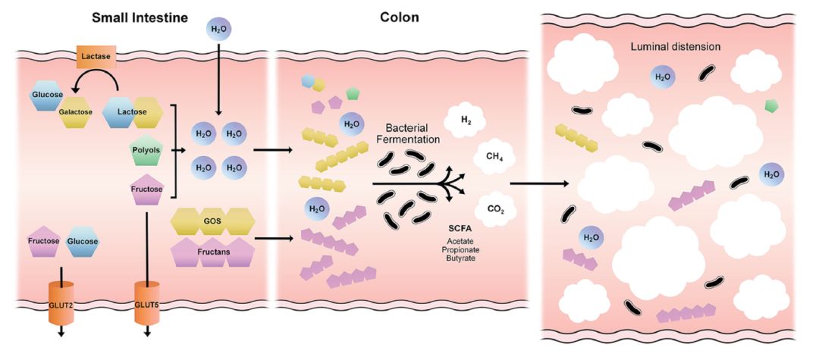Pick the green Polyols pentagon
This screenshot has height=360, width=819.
coord(146,150)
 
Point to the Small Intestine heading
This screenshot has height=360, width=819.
coord(140,17)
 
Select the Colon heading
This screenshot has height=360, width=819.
coord(399,17)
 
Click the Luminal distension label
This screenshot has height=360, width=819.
coord(675,47)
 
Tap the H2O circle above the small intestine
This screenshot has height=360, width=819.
coord(218,31)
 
